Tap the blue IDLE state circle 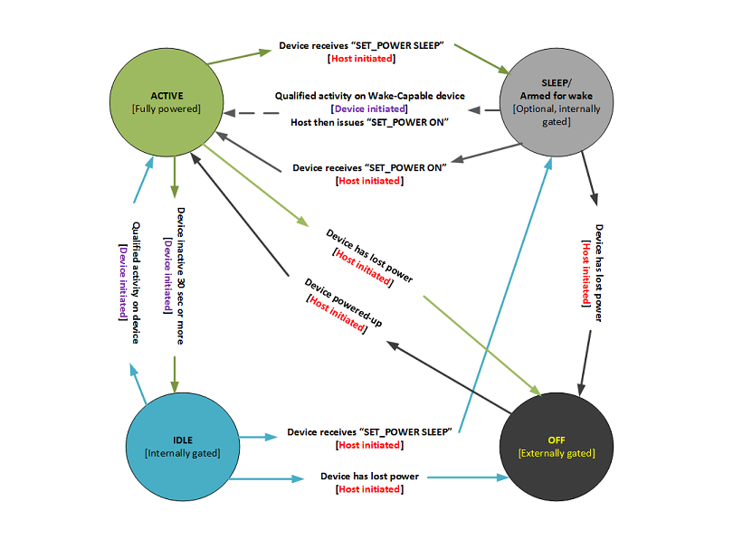click(x=182, y=445)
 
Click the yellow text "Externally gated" click(x=557, y=452)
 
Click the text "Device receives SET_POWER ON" click(x=370, y=168)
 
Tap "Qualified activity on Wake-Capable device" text click(x=370, y=96)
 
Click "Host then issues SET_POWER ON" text click(x=370, y=122)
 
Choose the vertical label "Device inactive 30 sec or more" click(x=180, y=276)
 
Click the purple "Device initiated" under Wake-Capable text click(x=370, y=109)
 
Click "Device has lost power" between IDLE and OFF click(x=370, y=476)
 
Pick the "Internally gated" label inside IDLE click(x=182, y=452)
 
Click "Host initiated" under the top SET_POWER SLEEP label click(x=361, y=59)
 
